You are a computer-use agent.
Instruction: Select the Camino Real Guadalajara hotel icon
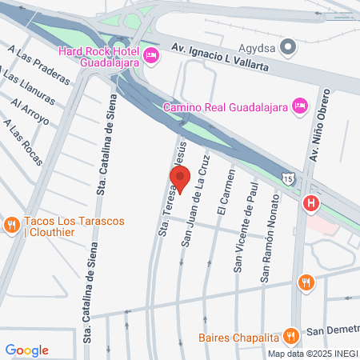299,105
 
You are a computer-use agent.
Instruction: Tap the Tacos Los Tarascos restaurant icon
11,225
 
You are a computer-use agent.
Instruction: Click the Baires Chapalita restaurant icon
293,334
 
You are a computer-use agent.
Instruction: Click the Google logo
26,350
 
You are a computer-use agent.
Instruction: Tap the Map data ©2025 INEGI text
312,353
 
